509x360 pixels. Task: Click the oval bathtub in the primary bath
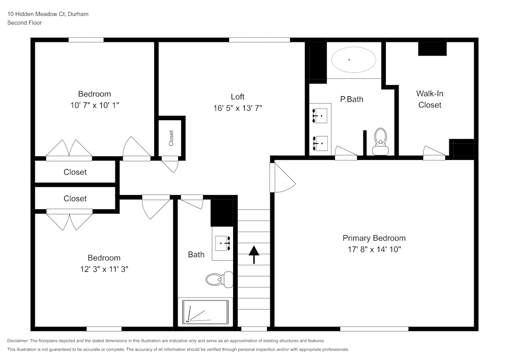(354, 60)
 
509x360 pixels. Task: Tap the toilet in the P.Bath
(380, 141)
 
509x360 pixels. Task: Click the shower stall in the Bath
(205, 312)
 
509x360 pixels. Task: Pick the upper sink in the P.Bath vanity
(320, 116)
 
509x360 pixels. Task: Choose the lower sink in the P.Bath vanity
(320, 143)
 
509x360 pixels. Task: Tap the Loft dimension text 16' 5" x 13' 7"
(238, 108)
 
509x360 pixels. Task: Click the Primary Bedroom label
(374, 238)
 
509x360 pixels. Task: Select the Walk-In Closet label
(430, 99)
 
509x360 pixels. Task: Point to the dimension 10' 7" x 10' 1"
(94, 105)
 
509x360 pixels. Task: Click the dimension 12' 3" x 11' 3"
(104, 269)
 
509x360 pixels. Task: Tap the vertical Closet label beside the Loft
(171, 137)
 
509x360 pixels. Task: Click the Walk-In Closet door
(434, 152)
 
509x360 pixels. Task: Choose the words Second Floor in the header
(24, 22)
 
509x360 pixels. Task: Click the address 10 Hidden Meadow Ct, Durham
(48, 14)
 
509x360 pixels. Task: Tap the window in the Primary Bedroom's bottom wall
(374, 328)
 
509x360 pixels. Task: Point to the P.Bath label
(352, 99)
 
